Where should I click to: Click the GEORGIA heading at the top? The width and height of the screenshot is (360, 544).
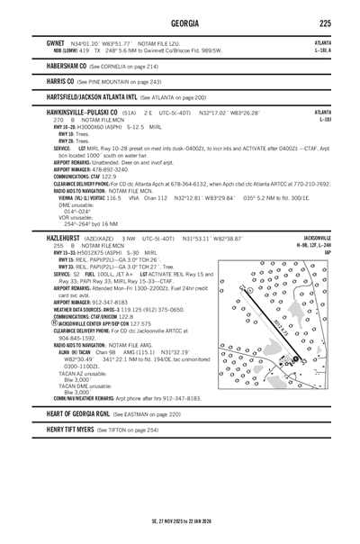tap(179, 23)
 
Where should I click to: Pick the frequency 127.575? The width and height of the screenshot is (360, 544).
tap(139, 323)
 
